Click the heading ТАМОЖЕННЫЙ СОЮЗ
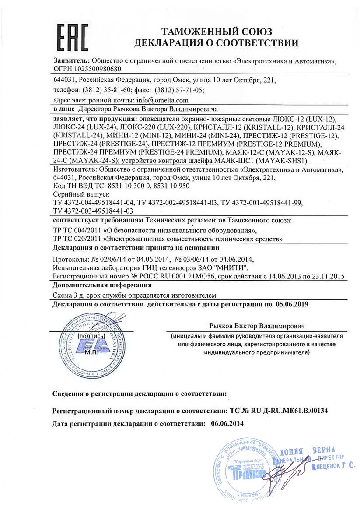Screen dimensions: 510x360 pyautogui.click(x=217, y=32)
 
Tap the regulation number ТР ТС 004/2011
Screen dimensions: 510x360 pyautogui.click(x=76, y=230)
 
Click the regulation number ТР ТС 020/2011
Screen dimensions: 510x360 pyautogui.click(x=76, y=239)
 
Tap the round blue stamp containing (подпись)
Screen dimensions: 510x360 pyautogui.click(x=91, y=346)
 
